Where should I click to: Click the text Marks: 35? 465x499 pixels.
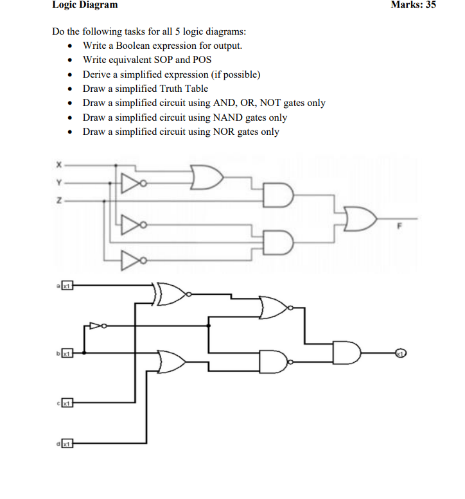tap(413, 5)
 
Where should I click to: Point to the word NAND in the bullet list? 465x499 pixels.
tap(218, 118)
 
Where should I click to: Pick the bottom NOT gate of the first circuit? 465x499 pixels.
tap(131, 260)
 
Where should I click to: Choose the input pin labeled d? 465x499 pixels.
tap(65, 442)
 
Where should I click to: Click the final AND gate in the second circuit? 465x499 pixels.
tap(347, 353)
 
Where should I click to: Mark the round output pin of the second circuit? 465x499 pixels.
tap(399, 353)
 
